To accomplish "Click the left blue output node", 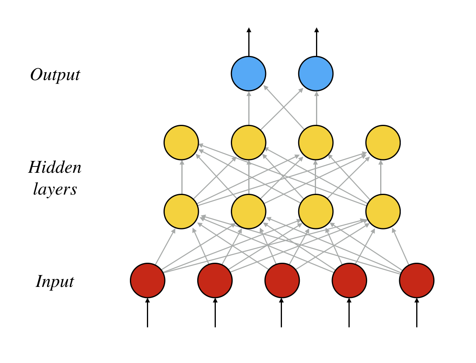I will [x=249, y=74].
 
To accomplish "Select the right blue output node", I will [x=316, y=74].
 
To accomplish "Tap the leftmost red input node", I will [x=148, y=281].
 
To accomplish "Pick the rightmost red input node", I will [x=417, y=281].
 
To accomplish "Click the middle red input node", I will [x=282, y=281].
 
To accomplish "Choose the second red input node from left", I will [x=215, y=281].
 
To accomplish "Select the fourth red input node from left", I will [x=349, y=281].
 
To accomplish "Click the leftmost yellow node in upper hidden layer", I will [x=181, y=143].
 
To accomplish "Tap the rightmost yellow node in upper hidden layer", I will [x=383, y=143].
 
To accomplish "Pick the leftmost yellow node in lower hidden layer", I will [x=181, y=212].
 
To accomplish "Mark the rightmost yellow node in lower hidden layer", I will [x=383, y=212].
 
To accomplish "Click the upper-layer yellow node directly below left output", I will [x=249, y=143].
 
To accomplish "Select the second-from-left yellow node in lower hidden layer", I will [x=249, y=212].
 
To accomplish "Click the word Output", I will [x=55, y=75].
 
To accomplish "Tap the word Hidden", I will [x=55, y=167].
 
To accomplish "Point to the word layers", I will [x=55, y=189].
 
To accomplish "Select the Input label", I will [x=55, y=282].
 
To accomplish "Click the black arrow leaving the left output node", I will [x=249, y=42].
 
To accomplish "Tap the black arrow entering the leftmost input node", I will [x=148, y=313].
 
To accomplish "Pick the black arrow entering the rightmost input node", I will [x=417, y=313].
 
